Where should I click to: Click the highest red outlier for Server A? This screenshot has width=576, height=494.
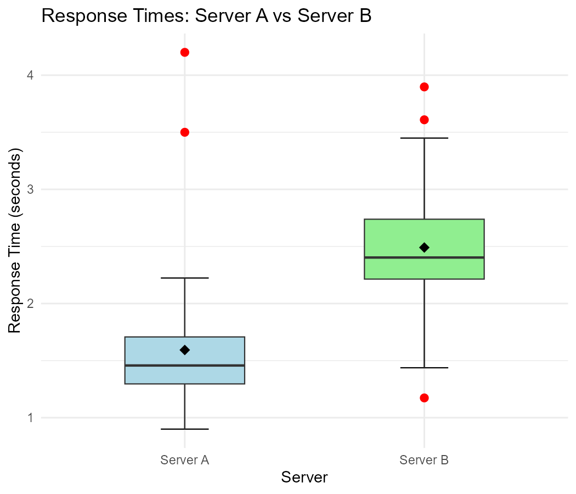185,52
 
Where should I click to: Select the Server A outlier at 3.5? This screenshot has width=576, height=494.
185,132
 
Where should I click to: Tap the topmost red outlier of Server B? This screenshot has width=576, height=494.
424,87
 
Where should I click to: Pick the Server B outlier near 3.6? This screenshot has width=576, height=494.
424,120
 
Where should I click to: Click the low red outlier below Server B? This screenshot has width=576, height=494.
424,398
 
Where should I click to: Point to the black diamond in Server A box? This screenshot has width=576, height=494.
185,350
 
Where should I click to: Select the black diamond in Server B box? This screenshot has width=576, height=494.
424,248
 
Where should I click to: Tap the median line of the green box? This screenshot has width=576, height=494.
395,257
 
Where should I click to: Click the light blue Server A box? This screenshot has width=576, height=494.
154,351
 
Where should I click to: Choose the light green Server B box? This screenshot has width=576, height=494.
395,236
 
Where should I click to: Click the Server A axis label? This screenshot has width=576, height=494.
185,460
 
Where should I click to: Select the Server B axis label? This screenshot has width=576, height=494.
424,460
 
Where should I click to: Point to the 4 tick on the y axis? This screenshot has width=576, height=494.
30,75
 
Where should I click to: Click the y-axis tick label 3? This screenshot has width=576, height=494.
30,189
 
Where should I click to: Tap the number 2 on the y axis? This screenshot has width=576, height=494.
30,304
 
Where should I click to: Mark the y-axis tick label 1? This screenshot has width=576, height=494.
30,418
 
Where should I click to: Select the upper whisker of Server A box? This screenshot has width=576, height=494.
185,307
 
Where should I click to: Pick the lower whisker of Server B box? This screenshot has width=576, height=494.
424,324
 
